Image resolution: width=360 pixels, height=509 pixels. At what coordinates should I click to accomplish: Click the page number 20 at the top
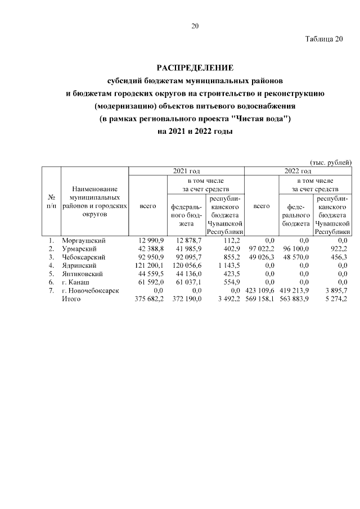click(195, 26)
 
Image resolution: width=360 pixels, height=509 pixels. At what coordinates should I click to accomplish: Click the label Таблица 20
click(323, 39)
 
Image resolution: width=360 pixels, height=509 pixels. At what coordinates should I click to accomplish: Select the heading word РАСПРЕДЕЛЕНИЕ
click(195, 68)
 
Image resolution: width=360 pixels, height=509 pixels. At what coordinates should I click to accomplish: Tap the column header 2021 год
click(186, 171)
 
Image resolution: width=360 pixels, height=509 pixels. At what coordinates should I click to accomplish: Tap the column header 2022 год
click(299, 171)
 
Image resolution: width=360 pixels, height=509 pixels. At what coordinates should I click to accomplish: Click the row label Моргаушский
click(84, 241)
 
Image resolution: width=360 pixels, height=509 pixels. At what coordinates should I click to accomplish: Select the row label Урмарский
click(80, 249)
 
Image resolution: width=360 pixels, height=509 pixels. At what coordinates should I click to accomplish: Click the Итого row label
click(71, 299)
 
